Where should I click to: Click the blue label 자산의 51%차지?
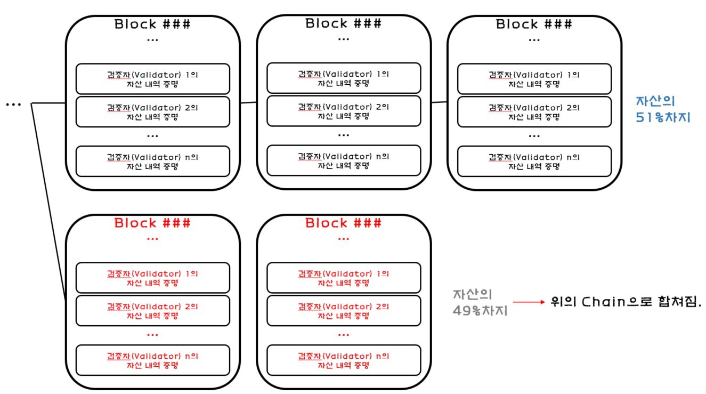[663, 109]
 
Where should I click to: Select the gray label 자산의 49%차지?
[480, 302]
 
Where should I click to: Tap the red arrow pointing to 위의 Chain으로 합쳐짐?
[529, 302]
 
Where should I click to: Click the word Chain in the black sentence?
[603, 302]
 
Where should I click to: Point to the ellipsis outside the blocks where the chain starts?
[13, 104]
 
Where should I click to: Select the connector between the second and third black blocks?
[439, 102]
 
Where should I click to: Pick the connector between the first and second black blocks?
[248, 102]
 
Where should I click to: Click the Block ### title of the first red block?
[152, 223]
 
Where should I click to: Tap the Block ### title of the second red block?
[344, 223]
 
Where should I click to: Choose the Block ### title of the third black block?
[534, 24]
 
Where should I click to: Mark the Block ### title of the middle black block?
[344, 23]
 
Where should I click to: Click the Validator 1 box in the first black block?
[153, 79]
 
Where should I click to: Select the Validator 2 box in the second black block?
[344, 111]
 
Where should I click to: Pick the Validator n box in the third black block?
[534, 161]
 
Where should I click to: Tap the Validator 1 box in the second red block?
[344, 278]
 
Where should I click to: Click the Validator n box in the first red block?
[153, 360]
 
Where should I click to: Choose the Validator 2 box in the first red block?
[153, 311]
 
